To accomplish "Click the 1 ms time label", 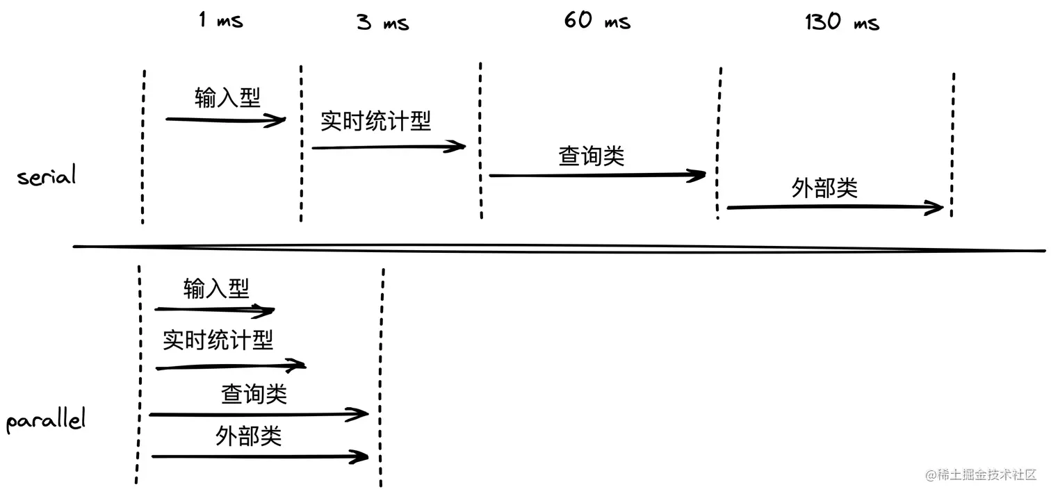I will [221, 20].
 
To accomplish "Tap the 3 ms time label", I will [383, 23].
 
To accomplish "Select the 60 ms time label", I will [597, 20].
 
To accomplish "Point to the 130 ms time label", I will [842, 22].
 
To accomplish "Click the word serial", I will [46, 176].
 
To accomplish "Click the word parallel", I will [46, 421].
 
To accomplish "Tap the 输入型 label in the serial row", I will [227, 98].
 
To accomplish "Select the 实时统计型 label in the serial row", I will [375, 121].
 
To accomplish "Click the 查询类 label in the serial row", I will [592, 156].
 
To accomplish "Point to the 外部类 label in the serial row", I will [824, 188].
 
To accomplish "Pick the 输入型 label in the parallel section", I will [216, 288].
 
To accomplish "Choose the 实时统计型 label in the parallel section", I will [218, 340].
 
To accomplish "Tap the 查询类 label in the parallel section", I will [254, 394].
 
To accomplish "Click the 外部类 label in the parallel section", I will [248, 436].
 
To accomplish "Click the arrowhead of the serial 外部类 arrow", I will [936, 207].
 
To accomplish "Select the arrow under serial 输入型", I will [225, 120].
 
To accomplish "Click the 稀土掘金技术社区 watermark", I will [981, 475].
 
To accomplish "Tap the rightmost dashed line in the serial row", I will [952, 144].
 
